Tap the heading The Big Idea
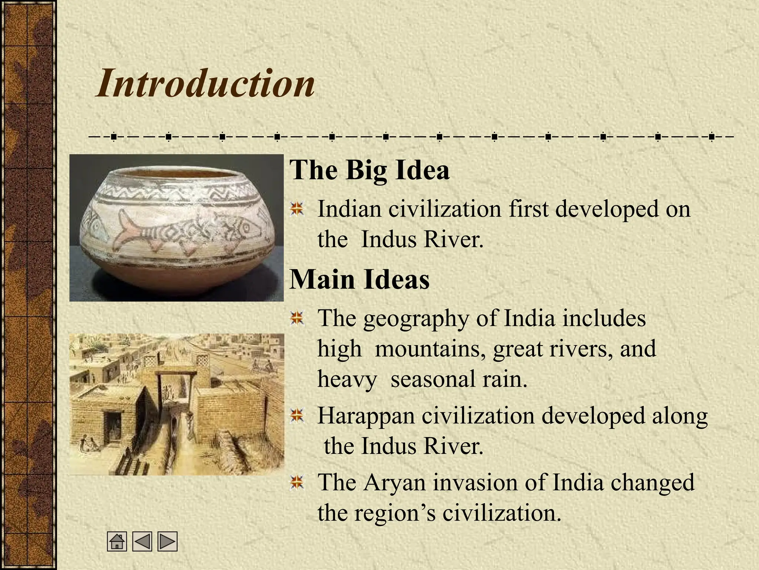(x=369, y=170)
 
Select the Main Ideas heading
(x=359, y=279)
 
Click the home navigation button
(x=117, y=541)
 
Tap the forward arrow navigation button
(x=168, y=541)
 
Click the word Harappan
(x=365, y=416)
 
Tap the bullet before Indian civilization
(x=297, y=209)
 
